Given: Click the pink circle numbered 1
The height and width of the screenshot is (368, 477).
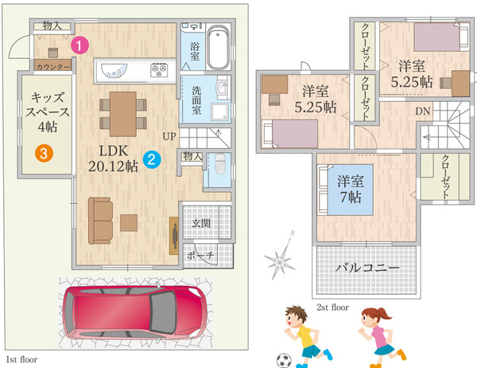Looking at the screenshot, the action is pos(79,45).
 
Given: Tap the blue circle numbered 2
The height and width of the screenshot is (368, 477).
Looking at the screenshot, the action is pos(152,159).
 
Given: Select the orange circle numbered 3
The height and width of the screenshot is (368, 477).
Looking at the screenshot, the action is pos(44,153).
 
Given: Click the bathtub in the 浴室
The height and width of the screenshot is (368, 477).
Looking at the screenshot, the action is pos(218,47).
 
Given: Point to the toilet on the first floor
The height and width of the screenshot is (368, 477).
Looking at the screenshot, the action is pos(220,164).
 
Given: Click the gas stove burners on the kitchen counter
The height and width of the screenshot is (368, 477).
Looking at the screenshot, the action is pos(159,70).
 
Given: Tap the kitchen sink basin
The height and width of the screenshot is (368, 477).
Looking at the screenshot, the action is pos(114,71).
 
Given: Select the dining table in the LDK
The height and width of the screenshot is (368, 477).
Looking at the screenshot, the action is pos(123,114).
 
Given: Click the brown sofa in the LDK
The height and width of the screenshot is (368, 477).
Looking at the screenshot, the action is pos(100,221).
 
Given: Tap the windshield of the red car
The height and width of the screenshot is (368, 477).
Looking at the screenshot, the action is pos(163,311).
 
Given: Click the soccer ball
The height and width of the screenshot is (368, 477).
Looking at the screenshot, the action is pos(284,360).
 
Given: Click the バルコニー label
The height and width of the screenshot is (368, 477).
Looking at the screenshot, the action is pos(366,268).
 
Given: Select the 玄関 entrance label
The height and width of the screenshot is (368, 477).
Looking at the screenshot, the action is pos(201,224).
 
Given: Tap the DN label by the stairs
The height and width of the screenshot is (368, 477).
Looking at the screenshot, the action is pos(423,112).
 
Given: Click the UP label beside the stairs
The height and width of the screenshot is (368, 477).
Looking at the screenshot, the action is pos(169,136).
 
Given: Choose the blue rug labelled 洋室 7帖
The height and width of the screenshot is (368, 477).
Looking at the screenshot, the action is pos(351,190).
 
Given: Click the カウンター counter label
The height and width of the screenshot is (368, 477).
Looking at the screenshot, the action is pos(53,66).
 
